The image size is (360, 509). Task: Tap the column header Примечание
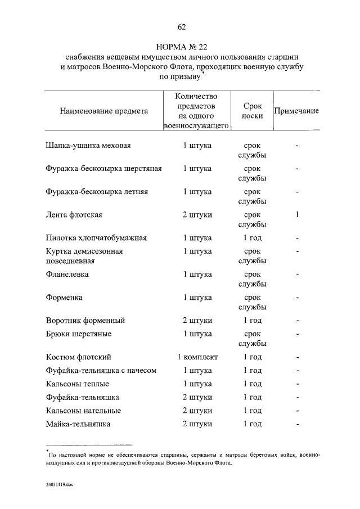[296, 111]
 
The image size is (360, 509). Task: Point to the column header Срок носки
[252, 111]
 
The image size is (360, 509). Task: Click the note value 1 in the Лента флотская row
[297, 214]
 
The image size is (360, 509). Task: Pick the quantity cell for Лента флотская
[197, 214]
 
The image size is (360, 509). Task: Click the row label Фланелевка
[67, 274]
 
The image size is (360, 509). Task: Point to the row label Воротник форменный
[85, 321]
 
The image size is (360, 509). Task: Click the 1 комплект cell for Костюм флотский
[197, 357]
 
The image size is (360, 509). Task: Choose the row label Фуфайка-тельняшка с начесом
[101, 371]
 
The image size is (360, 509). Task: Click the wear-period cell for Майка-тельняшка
[252, 424]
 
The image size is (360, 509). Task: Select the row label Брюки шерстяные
[79, 334]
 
